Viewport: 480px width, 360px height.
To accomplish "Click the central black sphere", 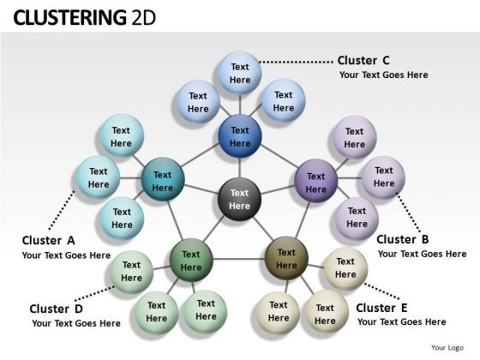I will pos(239,199).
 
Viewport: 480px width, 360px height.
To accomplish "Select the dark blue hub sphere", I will pos(240,136).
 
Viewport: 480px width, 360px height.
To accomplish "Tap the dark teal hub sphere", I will pos(162,181).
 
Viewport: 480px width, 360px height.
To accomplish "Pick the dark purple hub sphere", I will pos(316,182).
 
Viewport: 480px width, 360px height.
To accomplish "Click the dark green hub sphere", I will pos(190,261).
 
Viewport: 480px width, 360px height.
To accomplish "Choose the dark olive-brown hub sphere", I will pos(286,259).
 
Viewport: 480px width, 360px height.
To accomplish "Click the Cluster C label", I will pos(363,60).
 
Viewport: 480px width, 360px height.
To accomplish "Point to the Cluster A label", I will pos(49,240).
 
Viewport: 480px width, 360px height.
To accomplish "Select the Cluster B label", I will pos(402,239).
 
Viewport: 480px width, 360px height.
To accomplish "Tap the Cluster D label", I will pos(57,309).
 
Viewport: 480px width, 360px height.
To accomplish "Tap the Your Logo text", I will pos(448,347).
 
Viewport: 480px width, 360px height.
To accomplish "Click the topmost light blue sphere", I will pos(240,73).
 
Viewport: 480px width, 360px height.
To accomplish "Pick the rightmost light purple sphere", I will pos(383,177).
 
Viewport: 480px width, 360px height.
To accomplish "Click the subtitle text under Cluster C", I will pos(383,75).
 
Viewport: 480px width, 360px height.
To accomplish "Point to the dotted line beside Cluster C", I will pos(295,62).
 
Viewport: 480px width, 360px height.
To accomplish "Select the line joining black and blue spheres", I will pos(240,167).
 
